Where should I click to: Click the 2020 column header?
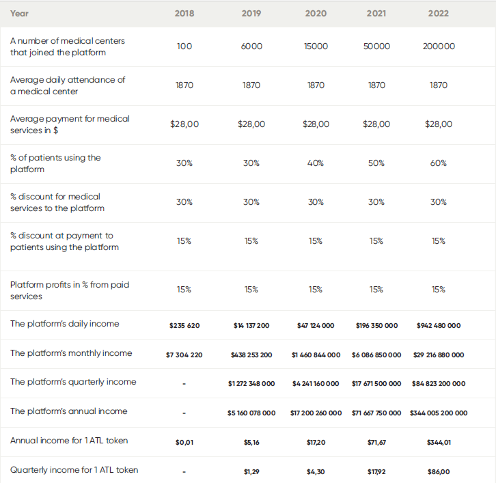(x=315, y=13)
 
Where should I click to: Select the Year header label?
(x=19, y=13)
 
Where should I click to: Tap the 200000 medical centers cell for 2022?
(x=439, y=46)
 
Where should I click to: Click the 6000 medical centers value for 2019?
(x=251, y=46)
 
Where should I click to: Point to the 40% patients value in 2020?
(x=315, y=163)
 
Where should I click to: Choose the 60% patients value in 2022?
(x=439, y=163)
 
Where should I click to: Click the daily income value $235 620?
(x=184, y=325)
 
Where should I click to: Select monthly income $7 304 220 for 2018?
(x=184, y=355)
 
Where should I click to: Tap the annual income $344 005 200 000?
(x=439, y=413)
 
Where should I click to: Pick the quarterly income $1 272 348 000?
(x=251, y=383)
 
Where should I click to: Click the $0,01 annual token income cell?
(x=184, y=442)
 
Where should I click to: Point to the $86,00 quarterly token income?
(x=439, y=471)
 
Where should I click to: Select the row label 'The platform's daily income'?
(x=64, y=324)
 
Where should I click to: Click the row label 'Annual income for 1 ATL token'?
(x=68, y=441)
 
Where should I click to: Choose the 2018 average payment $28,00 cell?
(x=184, y=124)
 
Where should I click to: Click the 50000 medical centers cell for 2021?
(x=376, y=46)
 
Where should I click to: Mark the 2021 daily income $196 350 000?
(x=376, y=325)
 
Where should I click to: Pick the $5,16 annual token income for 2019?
(x=251, y=442)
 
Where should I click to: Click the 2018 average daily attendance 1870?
(x=184, y=85)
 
